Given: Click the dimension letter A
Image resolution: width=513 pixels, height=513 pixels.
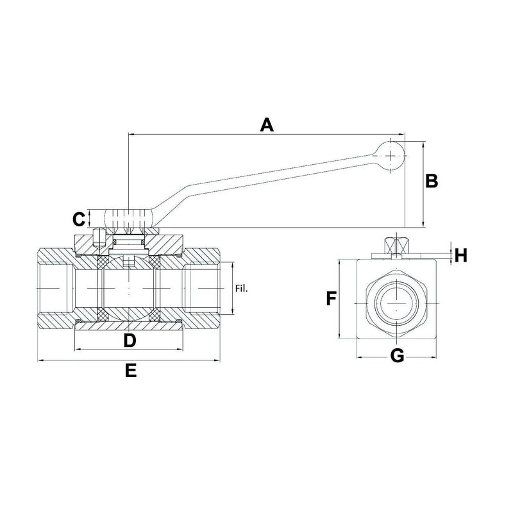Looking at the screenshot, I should click(267, 124).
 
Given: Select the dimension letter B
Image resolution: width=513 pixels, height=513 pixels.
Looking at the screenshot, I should click(432, 181).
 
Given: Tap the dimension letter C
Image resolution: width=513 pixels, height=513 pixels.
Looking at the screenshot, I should click(78, 219).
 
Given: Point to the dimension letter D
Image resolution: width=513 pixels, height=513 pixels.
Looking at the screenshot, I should click(130, 340).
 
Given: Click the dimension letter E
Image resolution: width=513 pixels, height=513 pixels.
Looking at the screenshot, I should click(130, 371).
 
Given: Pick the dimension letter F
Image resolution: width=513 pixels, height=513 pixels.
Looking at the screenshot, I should click(331, 299).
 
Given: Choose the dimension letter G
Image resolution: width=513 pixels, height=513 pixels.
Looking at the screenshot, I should click(398, 356).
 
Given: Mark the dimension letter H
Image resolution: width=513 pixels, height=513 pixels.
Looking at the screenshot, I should click(460, 255).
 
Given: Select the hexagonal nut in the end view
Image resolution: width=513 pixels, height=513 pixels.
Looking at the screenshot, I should click(398, 300).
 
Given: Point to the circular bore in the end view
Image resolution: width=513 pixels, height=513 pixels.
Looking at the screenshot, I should click(398, 300).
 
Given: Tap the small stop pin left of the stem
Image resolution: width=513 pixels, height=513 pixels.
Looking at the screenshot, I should click(97, 239).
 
